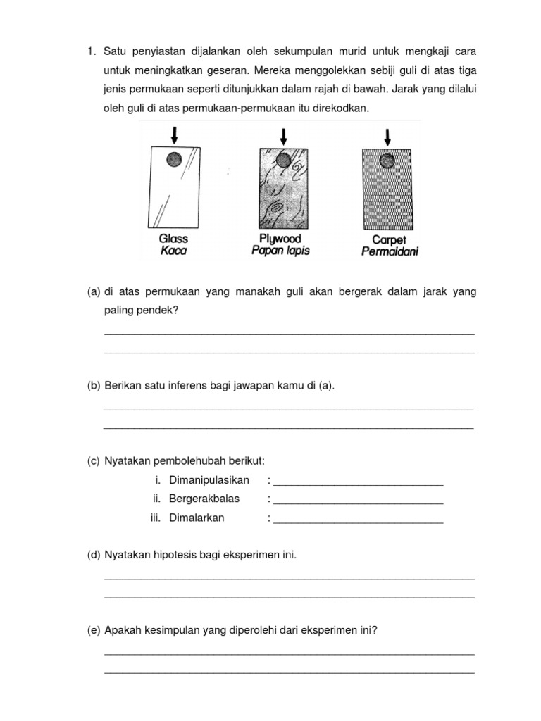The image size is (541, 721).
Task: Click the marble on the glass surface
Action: click(174, 160)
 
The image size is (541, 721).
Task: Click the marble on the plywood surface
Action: click(283, 161)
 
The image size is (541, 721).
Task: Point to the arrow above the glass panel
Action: click(174, 133)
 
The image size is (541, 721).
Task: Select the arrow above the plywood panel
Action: click(283, 134)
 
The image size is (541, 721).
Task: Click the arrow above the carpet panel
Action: click(387, 136)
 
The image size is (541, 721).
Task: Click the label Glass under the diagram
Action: click(173, 239)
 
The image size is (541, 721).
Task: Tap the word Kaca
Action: click(173, 251)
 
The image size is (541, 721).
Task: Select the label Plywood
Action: click(280, 239)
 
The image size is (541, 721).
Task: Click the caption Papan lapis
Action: click(280, 251)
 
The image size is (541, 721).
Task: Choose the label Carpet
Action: click(388, 239)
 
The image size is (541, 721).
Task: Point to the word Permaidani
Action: click(388, 251)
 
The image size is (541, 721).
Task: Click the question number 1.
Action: click(91, 52)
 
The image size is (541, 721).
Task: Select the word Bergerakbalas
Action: click(204, 499)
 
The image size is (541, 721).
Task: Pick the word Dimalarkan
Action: click(197, 518)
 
